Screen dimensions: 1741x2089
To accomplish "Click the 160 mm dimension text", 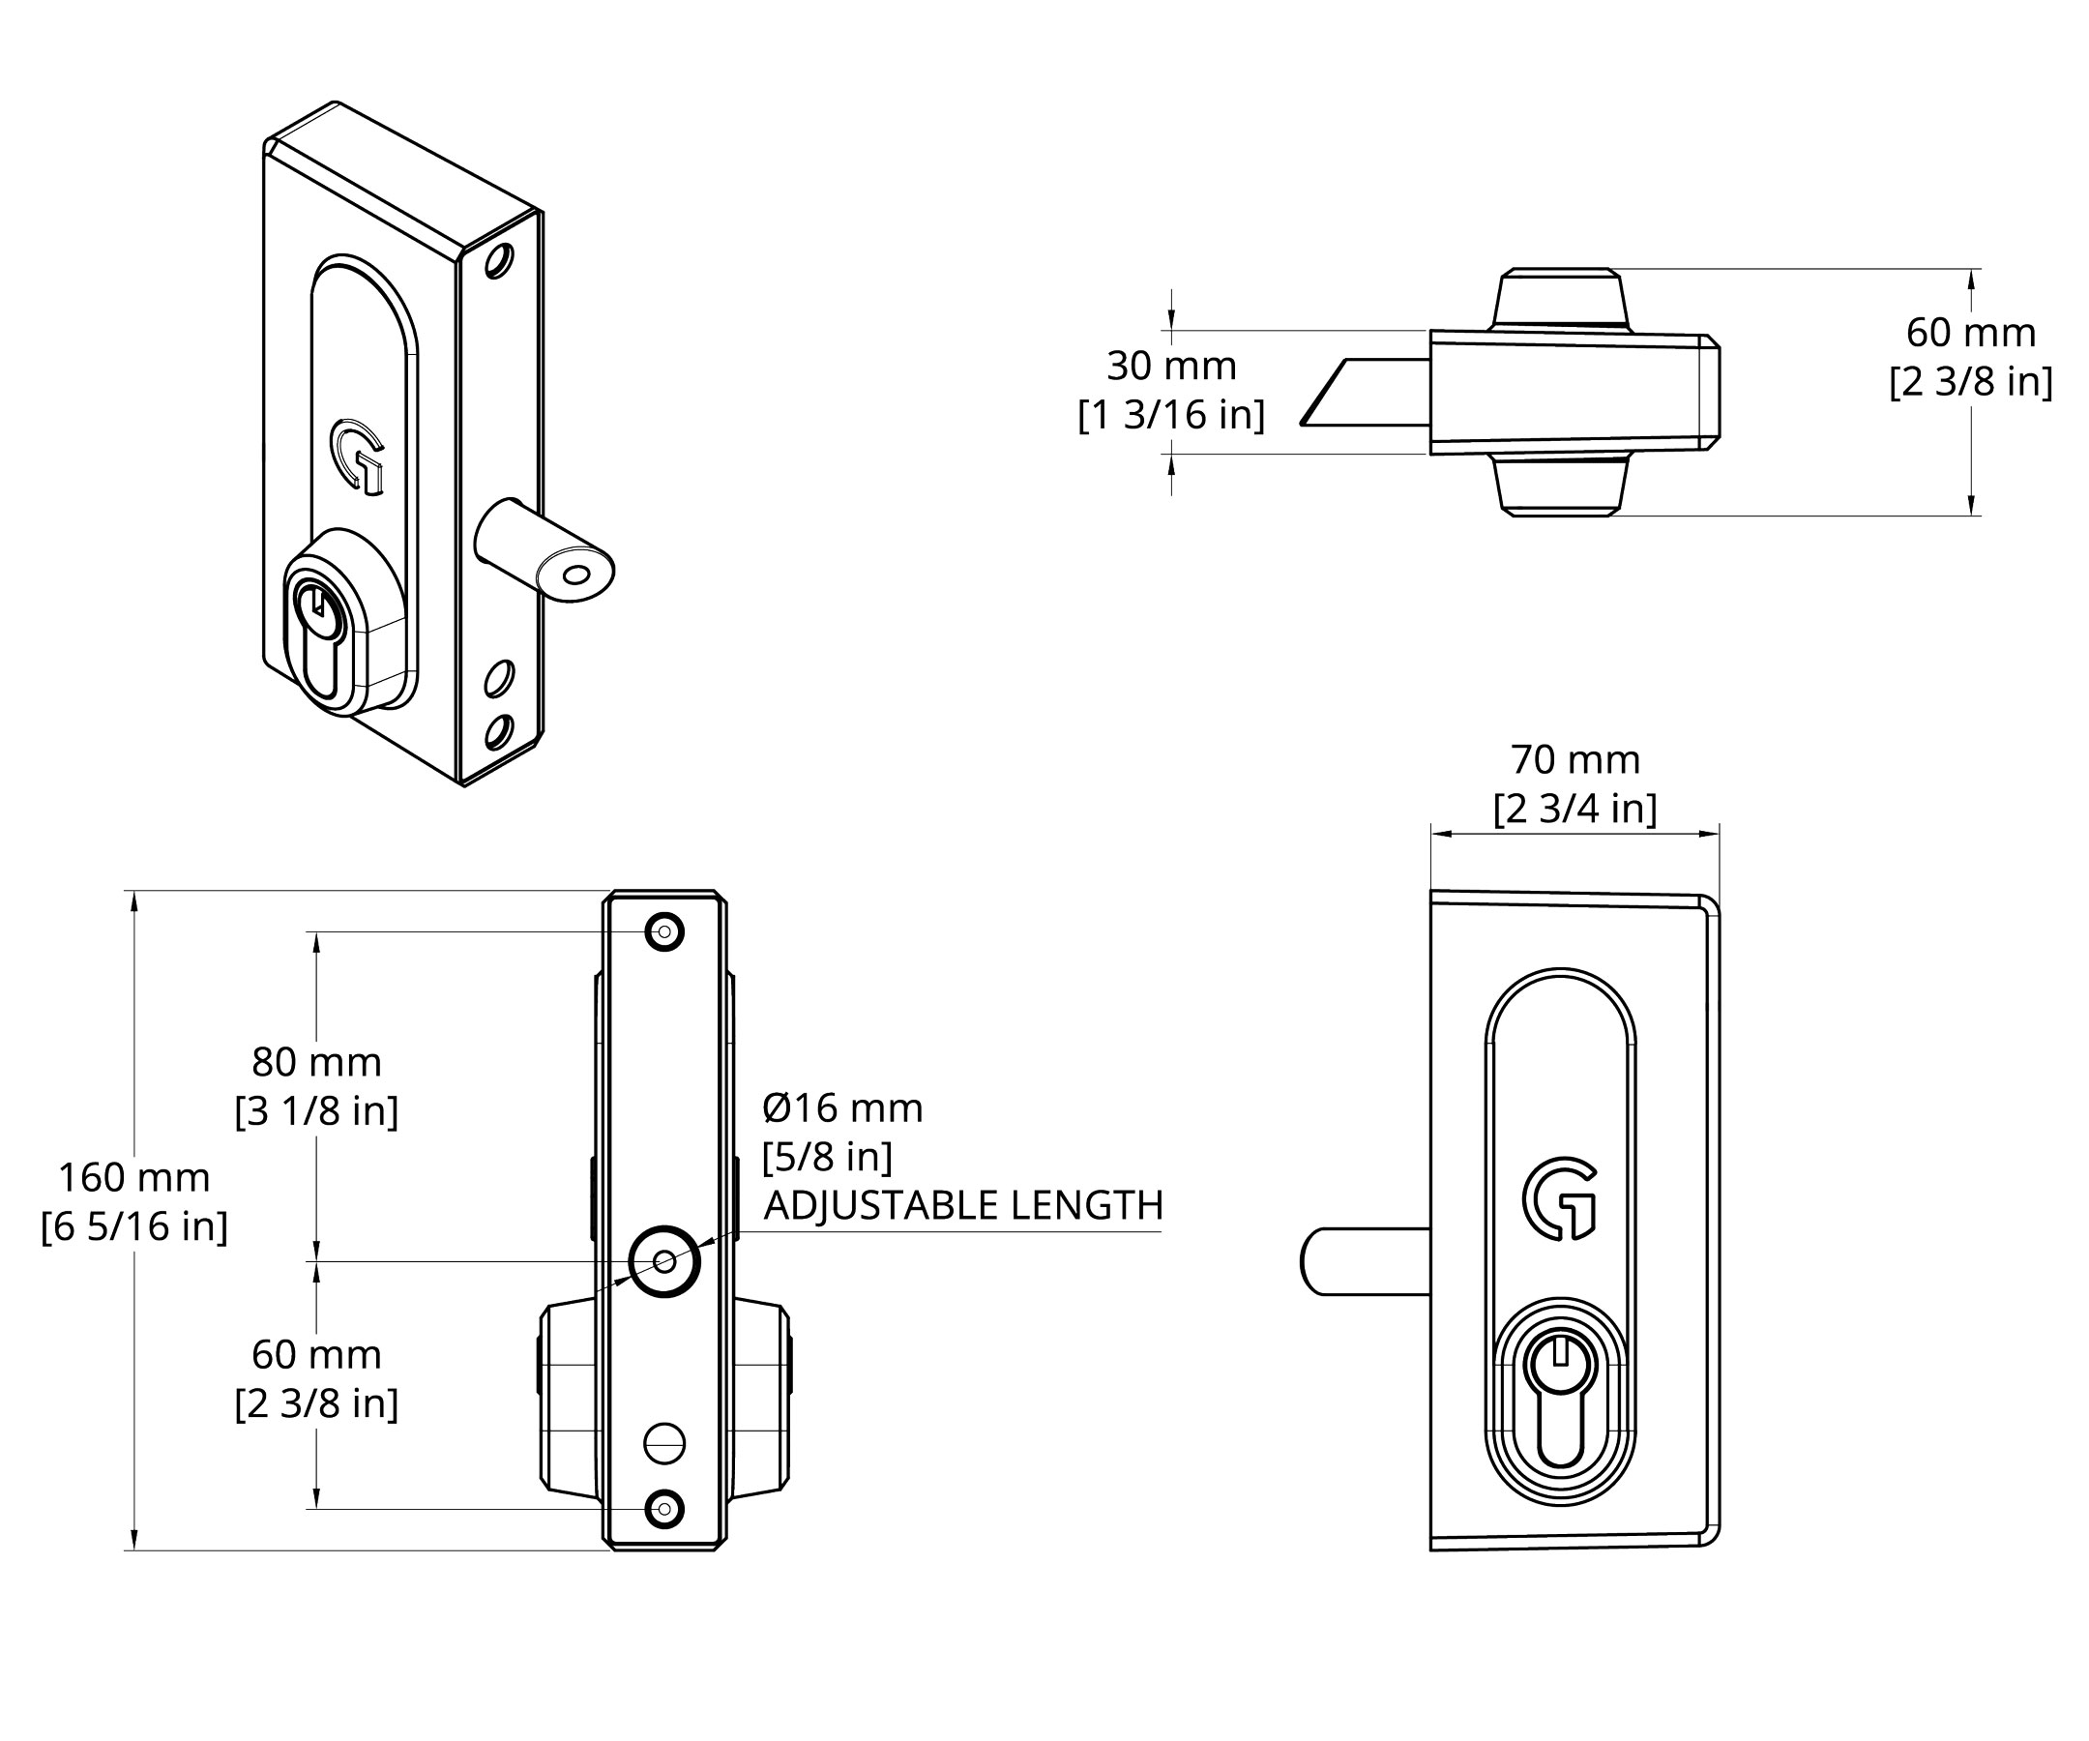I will pyautogui.click(x=134, y=1178).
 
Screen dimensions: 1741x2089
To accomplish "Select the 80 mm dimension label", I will pyautogui.click(x=316, y=1063).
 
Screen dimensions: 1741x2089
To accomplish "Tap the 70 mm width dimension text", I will pyautogui.click(x=1574, y=760).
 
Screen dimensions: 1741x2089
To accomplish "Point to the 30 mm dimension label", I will pyautogui.click(x=1171, y=367).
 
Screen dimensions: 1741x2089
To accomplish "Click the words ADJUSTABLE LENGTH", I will pyautogui.click(x=963, y=1206).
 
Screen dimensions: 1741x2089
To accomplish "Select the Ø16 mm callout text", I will pyautogui.click(x=842, y=1108).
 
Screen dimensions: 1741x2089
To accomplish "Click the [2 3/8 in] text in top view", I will pyautogui.click(x=1970, y=382).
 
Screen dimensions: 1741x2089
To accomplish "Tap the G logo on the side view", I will pyautogui.click(x=1559, y=1198).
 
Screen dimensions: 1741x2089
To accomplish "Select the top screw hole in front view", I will pyautogui.click(x=664, y=932).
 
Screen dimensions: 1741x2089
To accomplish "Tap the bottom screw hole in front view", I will pyautogui.click(x=664, y=1509).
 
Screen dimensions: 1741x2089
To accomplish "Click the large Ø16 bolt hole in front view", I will pyautogui.click(x=664, y=1261).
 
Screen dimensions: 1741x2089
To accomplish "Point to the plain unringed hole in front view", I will pyautogui.click(x=664, y=1442).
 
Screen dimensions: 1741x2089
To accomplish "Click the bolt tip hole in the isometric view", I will pyautogui.click(x=575, y=575).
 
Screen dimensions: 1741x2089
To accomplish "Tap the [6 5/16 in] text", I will pyautogui.click(x=134, y=1226).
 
